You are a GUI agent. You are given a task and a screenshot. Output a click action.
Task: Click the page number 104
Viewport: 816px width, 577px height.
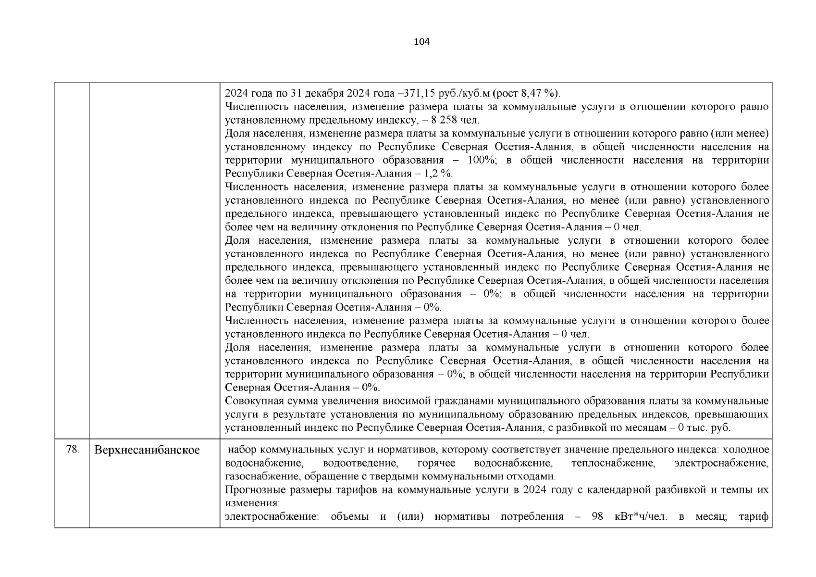pos(421,42)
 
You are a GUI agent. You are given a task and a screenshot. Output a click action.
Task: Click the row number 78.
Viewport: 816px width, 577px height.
pos(72,450)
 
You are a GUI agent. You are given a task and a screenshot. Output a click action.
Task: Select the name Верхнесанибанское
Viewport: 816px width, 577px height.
pos(147,451)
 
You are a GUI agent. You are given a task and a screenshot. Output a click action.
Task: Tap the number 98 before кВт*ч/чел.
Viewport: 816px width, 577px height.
pos(597,517)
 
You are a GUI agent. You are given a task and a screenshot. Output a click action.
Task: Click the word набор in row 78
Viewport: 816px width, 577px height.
pos(242,450)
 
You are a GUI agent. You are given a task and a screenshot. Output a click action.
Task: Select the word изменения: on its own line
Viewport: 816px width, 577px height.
pos(252,503)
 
